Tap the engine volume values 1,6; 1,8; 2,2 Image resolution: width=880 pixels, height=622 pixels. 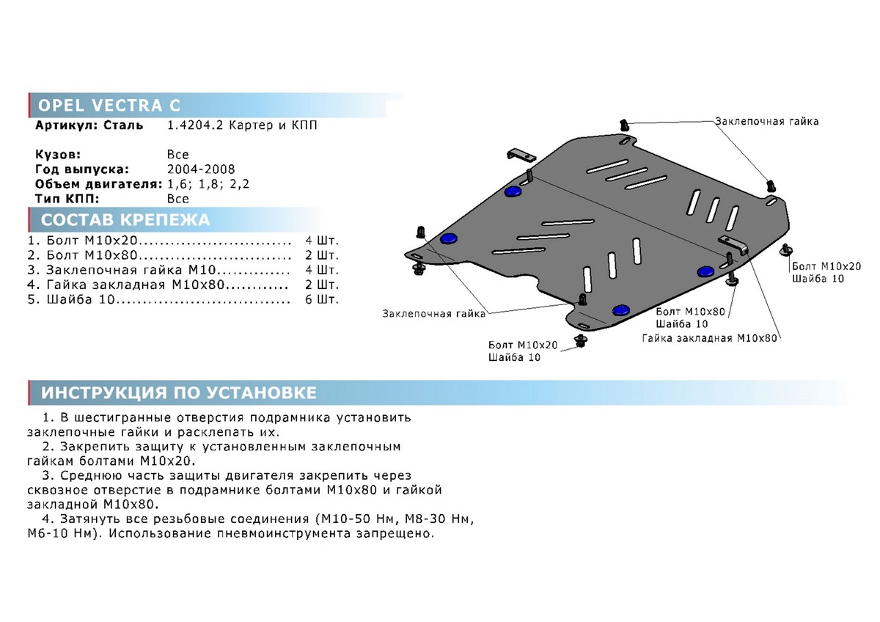[208, 184]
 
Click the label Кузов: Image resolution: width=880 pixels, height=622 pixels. [58, 155]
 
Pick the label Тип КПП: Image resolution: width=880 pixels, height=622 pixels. [67, 199]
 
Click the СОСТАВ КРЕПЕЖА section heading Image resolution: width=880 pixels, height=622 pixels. [125, 220]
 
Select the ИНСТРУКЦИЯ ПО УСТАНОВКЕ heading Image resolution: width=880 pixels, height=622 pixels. [179, 392]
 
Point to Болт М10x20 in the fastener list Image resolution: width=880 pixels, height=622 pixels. [92, 241]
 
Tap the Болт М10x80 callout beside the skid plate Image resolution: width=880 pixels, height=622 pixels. [690, 312]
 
